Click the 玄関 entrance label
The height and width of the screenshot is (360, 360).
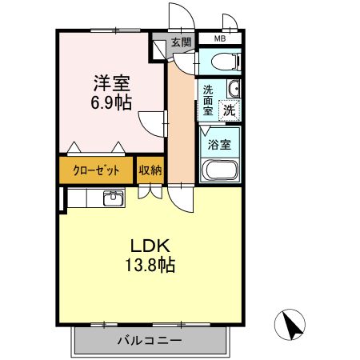point(180,42)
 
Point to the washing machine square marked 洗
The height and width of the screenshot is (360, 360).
point(230,110)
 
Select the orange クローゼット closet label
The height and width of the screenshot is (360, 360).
point(95,170)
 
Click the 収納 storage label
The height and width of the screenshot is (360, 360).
point(150,170)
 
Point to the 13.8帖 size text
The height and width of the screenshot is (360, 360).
point(148,265)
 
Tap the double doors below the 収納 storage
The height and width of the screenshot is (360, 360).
point(150,191)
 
